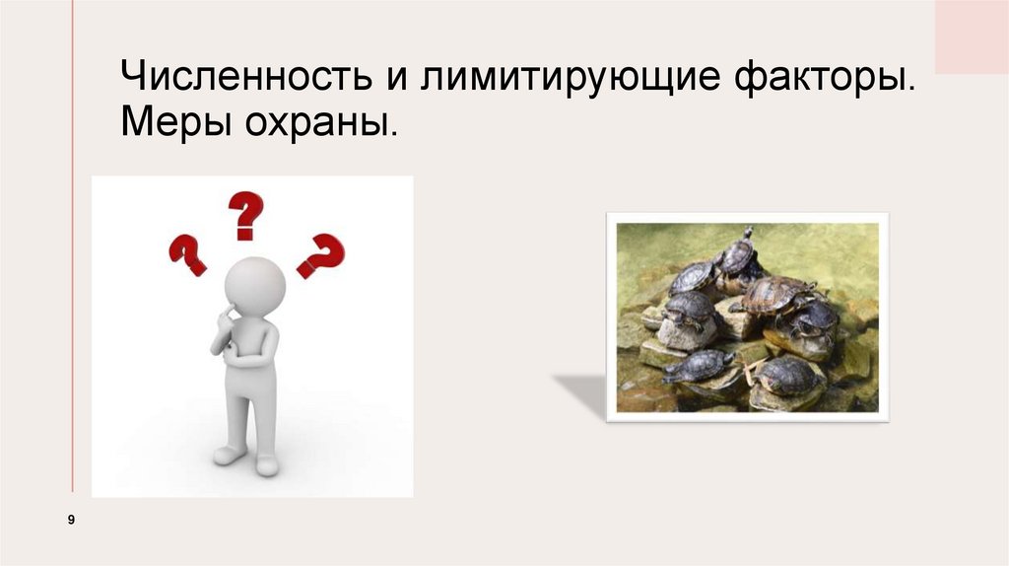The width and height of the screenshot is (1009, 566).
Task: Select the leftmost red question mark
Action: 187,253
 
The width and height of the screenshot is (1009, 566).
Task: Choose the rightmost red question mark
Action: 321,255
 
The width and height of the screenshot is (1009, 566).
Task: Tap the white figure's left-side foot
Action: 230,455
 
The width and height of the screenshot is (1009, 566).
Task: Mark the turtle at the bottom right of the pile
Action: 788,375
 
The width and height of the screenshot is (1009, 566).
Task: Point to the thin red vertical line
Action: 72,247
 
